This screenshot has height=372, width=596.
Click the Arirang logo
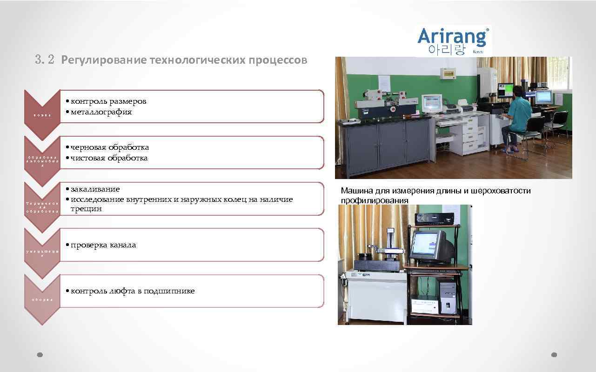pyautogui.click(x=453, y=41)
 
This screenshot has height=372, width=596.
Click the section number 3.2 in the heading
pyautogui.click(x=45, y=60)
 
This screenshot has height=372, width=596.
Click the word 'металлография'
pyautogui.click(x=101, y=112)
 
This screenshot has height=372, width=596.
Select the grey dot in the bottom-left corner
pyautogui.click(x=40, y=354)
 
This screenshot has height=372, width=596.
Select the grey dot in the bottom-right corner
pyautogui.click(x=554, y=354)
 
